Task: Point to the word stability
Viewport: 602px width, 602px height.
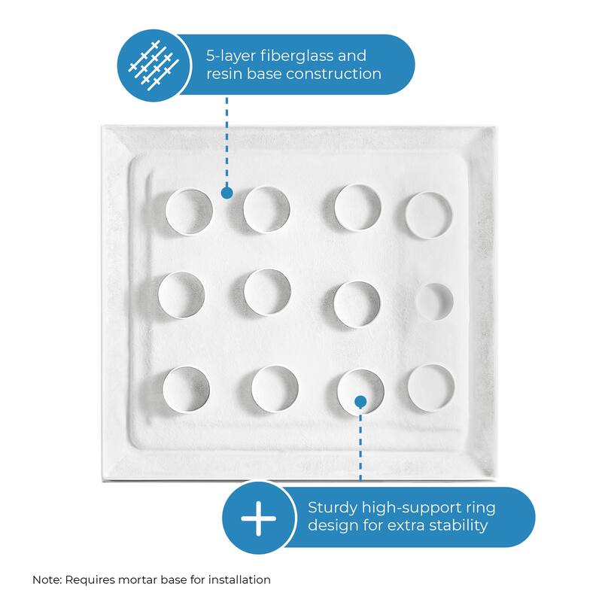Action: coord(453,525)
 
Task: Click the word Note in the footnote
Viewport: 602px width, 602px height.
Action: coord(47,579)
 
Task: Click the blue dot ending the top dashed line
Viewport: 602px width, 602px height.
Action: coord(227,193)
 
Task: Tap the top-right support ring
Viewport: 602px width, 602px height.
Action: coord(430,214)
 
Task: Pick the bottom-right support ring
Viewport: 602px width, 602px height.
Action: coord(431,388)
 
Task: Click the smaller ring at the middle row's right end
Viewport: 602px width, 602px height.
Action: coord(435,302)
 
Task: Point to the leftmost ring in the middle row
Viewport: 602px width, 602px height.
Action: coord(181,294)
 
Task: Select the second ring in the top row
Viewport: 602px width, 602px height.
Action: coord(266,208)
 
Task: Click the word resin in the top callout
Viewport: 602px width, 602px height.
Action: coord(223,74)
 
